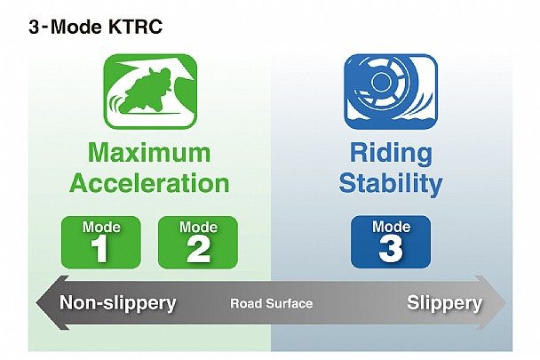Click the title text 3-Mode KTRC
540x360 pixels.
click(x=95, y=27)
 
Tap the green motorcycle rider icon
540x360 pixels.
click(x=150, y=92)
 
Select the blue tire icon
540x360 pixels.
click(x=391, y=92)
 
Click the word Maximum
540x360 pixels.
click(x=149, y=152)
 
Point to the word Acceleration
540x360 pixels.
click(x=149, y=182)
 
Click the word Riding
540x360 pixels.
click(x=391, y=154)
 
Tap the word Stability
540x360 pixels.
click(x=391, y=184)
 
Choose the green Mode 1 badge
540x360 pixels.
click(x=101, y=242)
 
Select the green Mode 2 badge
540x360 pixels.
click(x=198, y=242)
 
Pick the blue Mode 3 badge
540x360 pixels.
click(x=391, y=242)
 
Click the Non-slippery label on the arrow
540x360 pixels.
click(x=118, y=303)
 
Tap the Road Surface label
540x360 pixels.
click(x=272, y=303)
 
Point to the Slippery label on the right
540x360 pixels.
click(x=444, y=303)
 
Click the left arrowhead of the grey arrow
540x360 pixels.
click(x=52, y=302)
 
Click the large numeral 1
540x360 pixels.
click(x=99, y=249)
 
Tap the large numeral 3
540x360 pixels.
click(x=391, y=248)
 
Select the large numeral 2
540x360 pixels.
click(x=198, y=249)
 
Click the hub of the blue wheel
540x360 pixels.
click(x=380, y=82)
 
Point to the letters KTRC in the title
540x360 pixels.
click(x=135, y=27)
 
